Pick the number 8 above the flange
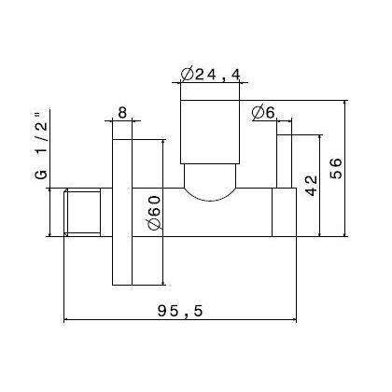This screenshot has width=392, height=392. (x=123, y=113)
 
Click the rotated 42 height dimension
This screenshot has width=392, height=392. (x=312, y=184)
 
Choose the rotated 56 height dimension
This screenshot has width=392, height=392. (x=336, y=168)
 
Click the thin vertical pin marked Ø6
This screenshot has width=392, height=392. (x=284, y=159)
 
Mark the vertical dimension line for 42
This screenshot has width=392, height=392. (x=322, y=184)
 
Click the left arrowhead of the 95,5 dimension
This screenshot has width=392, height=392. (x=66, y=323)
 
